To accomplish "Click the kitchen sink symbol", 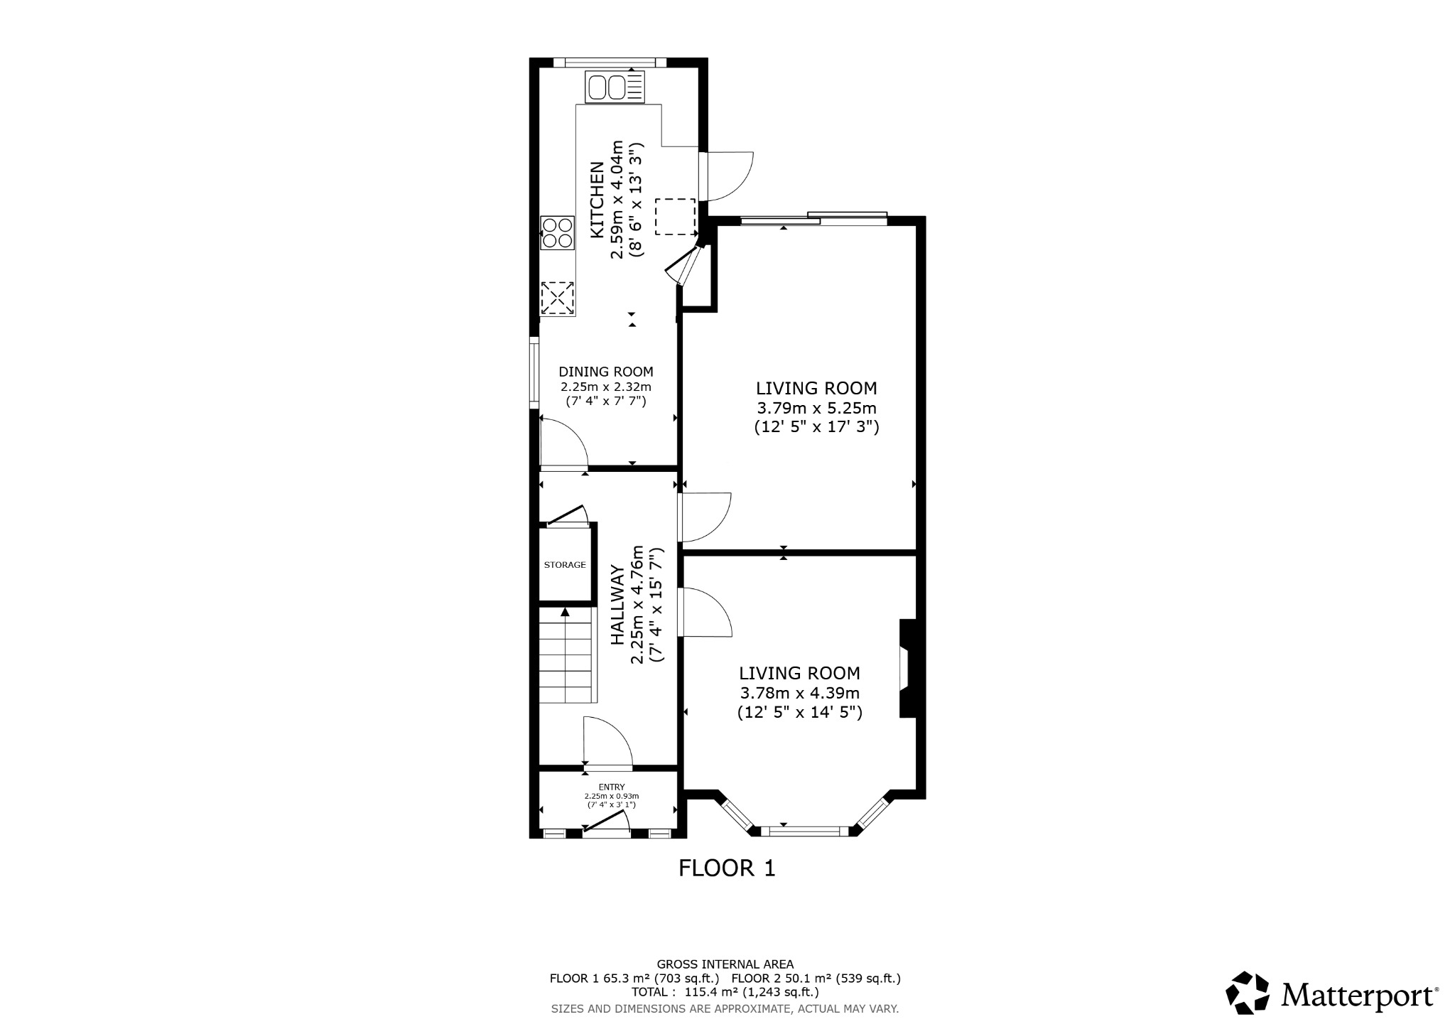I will [x=615, y=88].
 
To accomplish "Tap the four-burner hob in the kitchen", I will [x=557, y=233].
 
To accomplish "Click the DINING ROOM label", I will [x=605, y=372].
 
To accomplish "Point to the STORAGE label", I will [x=565, y=565].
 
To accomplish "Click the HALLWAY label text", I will [x=618, y=605].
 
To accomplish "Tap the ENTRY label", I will [x=611, y=787].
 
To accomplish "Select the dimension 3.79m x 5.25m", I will [x=816, y=409].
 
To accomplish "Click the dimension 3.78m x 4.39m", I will [x=799, y=693].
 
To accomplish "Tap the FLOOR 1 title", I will [x=726, y=868].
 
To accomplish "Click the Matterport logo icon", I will [x=1248, y=993].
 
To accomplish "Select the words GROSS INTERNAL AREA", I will [x=725, y=964].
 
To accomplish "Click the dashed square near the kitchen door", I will [x=674, y=217].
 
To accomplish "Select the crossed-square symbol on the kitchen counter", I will [x=558, y=298].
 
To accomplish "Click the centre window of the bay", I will [x=804, y=830].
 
